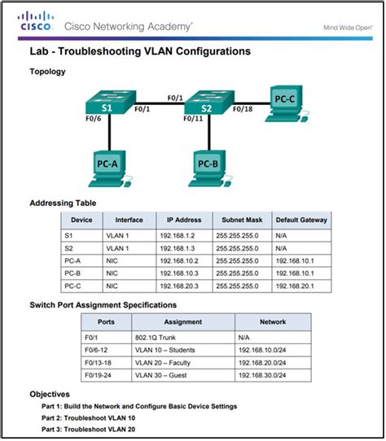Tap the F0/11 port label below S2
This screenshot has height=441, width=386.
pos(194,118)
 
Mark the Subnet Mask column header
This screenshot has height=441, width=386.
pos(239,220)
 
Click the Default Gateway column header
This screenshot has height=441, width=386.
pos(300,220)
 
